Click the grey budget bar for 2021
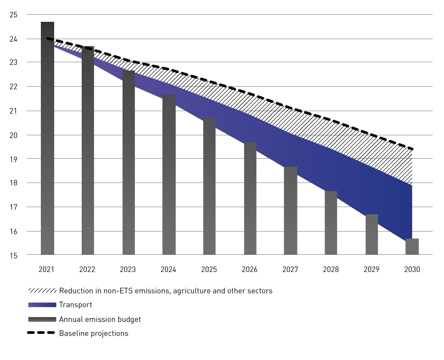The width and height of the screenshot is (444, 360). click(x=47, y=138)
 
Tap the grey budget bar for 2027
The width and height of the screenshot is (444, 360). click(x=291, y=211)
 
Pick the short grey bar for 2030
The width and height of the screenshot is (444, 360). click(x=412, y=247)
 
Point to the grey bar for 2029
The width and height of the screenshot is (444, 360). click(x=372, y=234)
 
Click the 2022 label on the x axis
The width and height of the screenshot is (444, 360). click(x=87, y=269)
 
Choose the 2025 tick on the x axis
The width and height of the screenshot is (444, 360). click(x=209, y=269)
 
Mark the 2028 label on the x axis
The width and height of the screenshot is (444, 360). click(x=331, y=269)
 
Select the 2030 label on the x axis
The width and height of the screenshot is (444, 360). click(x=412, y=269)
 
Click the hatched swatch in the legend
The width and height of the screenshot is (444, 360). click(x=42, y=291)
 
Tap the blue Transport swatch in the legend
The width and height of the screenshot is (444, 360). click(x=42, y=305)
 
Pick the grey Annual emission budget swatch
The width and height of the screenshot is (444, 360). click(x=42, y=319)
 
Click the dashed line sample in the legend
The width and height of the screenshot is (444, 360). click(x=42, y=333)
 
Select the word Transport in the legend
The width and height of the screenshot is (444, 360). click(x=75, y=305)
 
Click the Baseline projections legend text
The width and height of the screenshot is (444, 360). click(x=94, y=333)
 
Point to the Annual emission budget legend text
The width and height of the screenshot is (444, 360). click(x=100, y=319)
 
